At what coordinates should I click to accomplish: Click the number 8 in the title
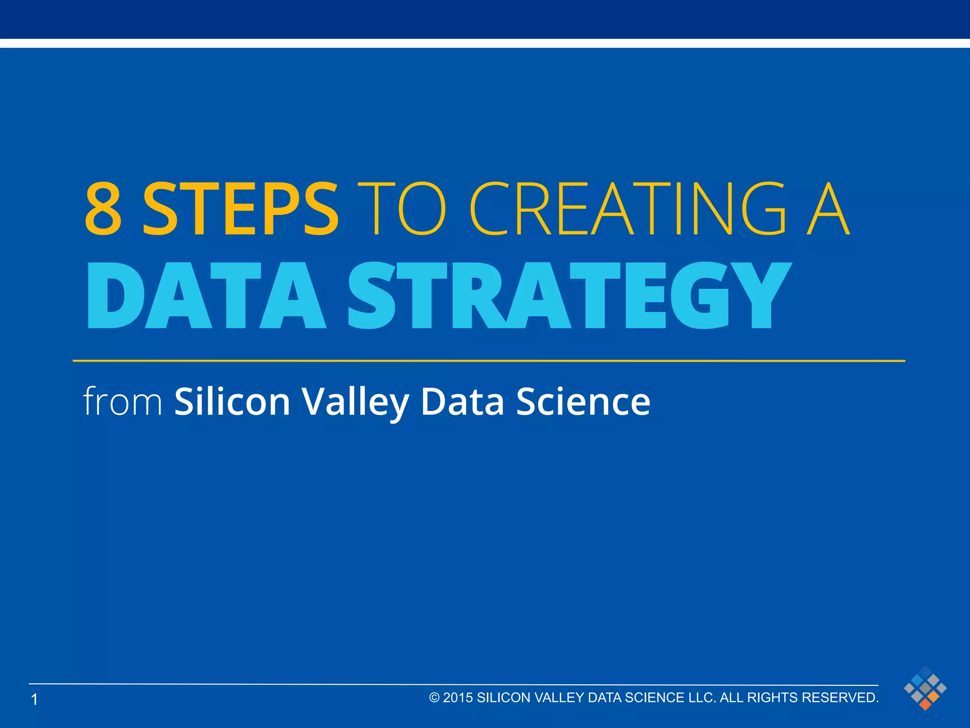click(103, 209)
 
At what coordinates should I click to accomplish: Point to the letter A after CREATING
click(828, 209)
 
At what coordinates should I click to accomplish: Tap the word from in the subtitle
click(123, 401)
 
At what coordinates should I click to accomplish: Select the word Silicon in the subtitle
click(232, 401)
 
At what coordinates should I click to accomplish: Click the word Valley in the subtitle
click(356, 401)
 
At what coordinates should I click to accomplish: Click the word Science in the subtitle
click(583, 401)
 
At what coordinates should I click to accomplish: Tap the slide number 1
click(34, 699)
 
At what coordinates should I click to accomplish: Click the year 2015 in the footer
click(458, 698)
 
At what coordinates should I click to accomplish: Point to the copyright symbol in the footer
click(434, 698)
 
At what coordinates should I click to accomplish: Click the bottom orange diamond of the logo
click(925, 704)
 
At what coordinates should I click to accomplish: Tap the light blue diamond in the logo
click(917, 680)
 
